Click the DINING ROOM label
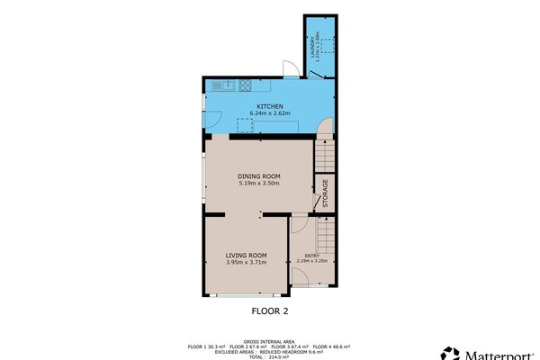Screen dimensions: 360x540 259,176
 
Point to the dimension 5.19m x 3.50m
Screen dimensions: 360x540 259,184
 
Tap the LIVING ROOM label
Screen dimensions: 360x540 247,256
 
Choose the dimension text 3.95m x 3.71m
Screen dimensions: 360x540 247,263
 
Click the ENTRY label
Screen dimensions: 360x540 311,256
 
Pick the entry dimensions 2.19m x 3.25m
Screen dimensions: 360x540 311,262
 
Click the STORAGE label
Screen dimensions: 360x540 325,194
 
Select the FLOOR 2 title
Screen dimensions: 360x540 268,310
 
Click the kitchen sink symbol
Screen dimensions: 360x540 222,85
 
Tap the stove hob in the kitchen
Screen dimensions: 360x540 247,85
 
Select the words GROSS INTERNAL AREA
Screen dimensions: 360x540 268,341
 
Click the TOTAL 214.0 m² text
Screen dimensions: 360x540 268,356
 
